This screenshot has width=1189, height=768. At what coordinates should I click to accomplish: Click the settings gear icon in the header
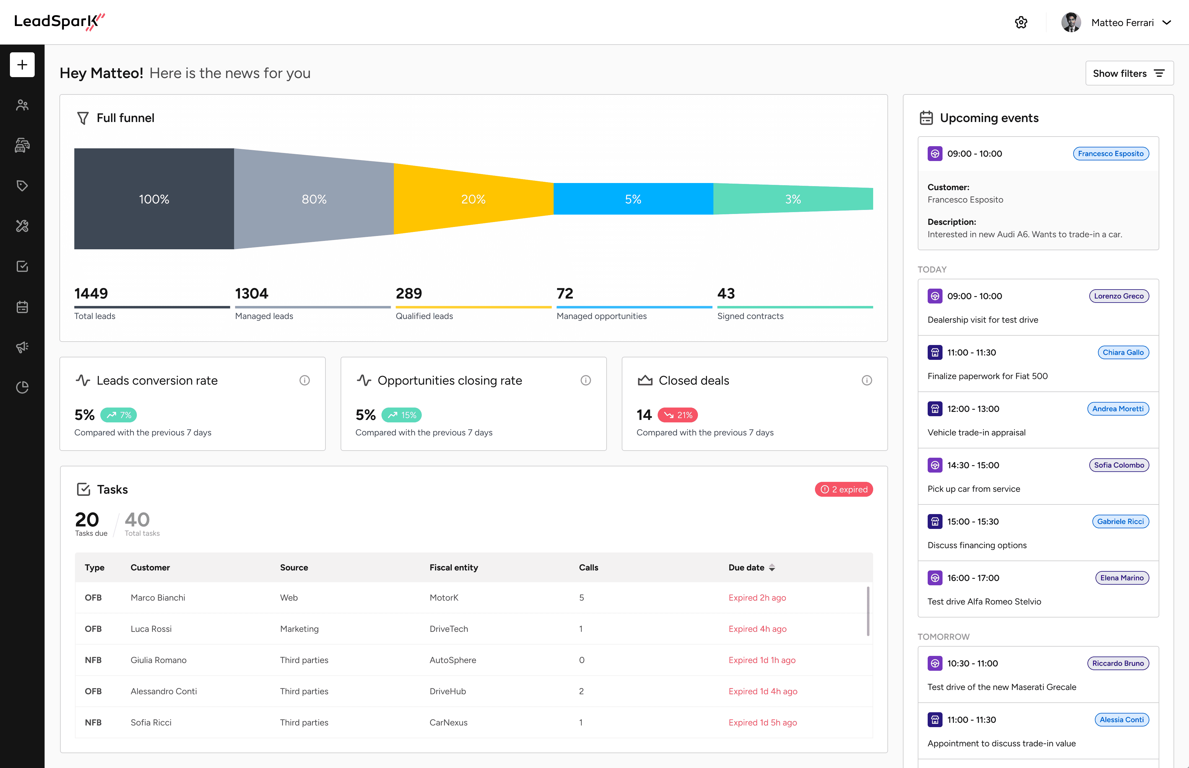pyautogui.click(x=1021, y=22)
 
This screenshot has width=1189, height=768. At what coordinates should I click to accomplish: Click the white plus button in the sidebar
pyautogui.click(x=22, y=65)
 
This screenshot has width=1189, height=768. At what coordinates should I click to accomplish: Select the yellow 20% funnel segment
pyautogui.click(x=473, y=199)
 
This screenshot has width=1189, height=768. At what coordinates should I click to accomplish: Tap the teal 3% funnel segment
pyautogui.click(x=793, y=199)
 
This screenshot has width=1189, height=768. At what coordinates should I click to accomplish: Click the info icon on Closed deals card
pyautogui.click(x=866, y=381)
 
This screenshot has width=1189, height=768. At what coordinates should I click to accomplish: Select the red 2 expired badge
pyautogui.click(x=843, y=489)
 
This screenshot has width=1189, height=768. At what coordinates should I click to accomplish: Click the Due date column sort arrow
pyautogui.click(x=772, y=568)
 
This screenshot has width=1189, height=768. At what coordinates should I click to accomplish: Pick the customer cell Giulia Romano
pyautogui.click(x=159, y=660)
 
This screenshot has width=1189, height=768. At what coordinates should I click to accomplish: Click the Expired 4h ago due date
pyautogui.click(x=757, y=629)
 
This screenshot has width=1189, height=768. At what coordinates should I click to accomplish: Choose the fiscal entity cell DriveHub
pyautogui.click(x=448, y=691)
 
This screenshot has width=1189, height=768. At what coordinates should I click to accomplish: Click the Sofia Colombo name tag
pyautogui.click(x=1119, y=465)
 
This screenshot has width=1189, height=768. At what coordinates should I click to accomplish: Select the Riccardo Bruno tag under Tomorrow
pyautogui.click(x=1118, y=663)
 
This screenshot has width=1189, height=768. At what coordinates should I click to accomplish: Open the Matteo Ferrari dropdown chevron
pyautogui.click(x=1167, y=22)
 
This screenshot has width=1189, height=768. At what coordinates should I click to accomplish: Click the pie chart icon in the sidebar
pyautogui.click(x=22, y=387)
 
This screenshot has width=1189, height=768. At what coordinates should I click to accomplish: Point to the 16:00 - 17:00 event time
pyautogui.click(x=973, y=578)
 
